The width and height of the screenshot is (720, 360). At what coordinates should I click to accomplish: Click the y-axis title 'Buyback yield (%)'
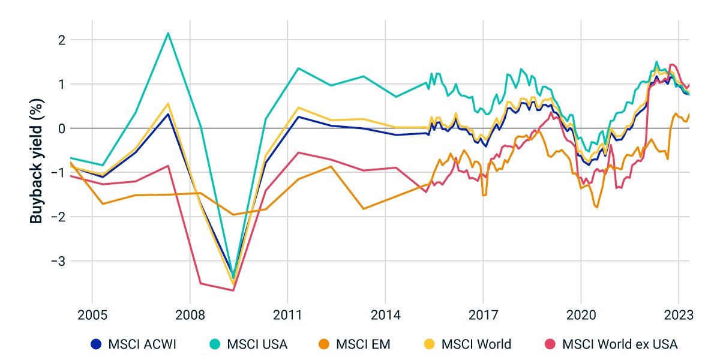click(37, 161)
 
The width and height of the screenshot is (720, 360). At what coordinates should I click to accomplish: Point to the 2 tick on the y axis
click(62, 41)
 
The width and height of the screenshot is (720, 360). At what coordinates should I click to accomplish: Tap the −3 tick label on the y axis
click(59, 262)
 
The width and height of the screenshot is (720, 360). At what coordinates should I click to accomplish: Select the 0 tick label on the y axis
click(62, 129)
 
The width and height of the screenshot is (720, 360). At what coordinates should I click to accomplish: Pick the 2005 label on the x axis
click(92, 316)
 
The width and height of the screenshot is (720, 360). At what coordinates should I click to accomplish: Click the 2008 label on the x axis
click(190, 316)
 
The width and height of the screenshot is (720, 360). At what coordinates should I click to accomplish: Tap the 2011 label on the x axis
click(287, 316)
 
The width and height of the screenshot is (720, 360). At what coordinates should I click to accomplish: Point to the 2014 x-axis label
click(386, 316)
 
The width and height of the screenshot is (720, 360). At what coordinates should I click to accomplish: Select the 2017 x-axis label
click(484, 316)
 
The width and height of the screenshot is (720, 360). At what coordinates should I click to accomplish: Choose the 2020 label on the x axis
click(581, 316)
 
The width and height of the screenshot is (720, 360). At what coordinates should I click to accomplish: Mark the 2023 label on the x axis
click(679, 316)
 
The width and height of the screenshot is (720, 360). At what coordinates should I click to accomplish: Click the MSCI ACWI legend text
click(142, 344)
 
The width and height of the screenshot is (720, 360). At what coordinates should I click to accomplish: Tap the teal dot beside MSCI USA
click(215, 344)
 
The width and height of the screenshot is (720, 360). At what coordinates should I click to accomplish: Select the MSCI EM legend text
click(363, 344)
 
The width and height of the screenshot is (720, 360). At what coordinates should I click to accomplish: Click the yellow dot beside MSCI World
click(429, 344)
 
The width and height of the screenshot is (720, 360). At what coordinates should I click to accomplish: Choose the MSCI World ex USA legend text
click(620, 344)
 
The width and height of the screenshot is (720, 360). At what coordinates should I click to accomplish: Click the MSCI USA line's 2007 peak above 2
click(168, 33)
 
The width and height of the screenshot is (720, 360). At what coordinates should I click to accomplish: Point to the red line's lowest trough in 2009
click(233, 290)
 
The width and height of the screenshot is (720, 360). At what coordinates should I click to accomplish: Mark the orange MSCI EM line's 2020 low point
click(597, 207)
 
